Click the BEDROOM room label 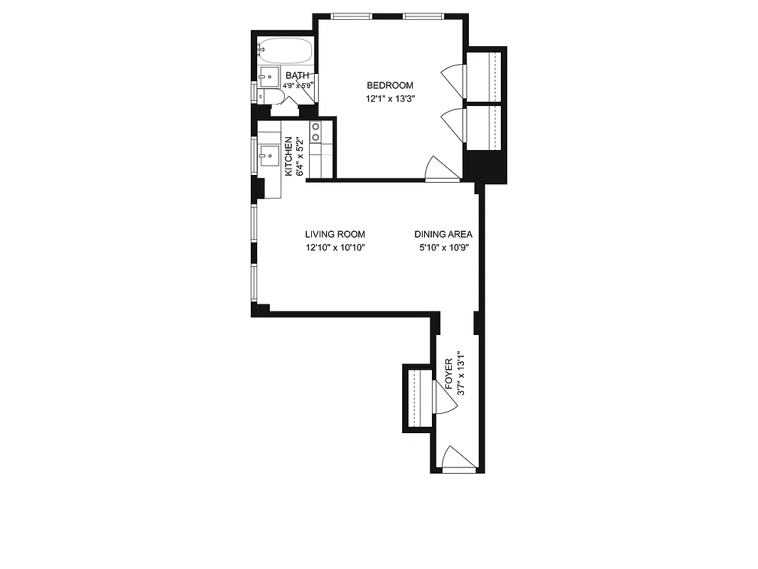pos(390,85)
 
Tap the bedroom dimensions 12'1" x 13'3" pos(390,100)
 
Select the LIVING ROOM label pos(335,234)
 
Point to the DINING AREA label pos(444,234)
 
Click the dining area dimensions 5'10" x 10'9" pos(444,248)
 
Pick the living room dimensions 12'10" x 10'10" pos(335,248)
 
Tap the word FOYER pos(449,375)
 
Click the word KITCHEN pos(288,157)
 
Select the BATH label pos(297,75)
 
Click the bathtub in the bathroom pos(285,50)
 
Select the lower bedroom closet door pos(452,123)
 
